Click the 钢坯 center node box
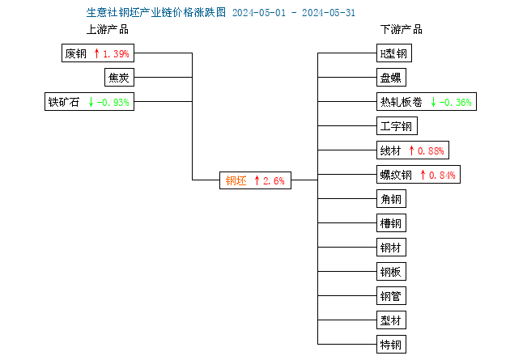coord(255,180)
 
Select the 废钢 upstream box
coord(98,53)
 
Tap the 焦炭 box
coord(119,78)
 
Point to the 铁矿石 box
coord(89,102)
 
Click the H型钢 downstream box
coord(394,53)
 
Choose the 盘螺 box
coord(391,78)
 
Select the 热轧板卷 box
coord(427,102)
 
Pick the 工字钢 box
coord(397,126)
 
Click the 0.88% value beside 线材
coord(431,150)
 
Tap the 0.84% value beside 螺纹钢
coord(442,175)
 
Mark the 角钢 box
coord(391,199)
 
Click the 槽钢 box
coord(391,223)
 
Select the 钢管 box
coord(391,296)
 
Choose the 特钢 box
coord(391,345)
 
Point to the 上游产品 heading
coord(108,30)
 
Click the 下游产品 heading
coord(402,30)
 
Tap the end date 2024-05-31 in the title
coord(329,13)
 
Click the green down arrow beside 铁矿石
coord(91,102)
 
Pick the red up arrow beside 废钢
coord(96,53)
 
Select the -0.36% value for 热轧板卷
coord(455,103)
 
